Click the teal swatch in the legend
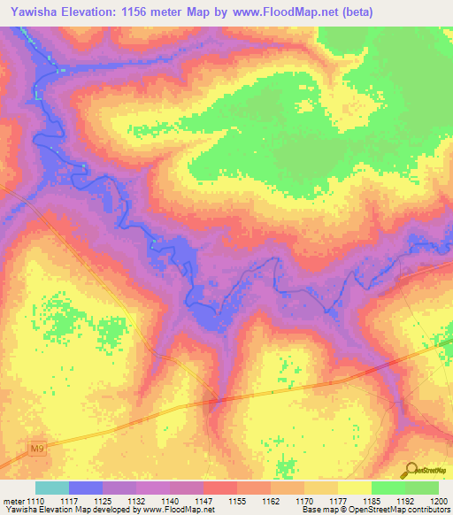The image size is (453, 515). [51, 488]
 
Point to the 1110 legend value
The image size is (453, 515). [36, 501]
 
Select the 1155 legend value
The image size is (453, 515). [237, 501]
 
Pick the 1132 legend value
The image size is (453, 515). [136, 501]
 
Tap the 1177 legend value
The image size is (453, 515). [338, 501]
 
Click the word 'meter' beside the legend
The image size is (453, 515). [13, 501]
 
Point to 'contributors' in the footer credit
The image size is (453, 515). [427, 511]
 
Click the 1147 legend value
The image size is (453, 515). [203, 501]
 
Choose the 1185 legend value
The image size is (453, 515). [372, 501]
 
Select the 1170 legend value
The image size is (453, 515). [304, 501]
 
